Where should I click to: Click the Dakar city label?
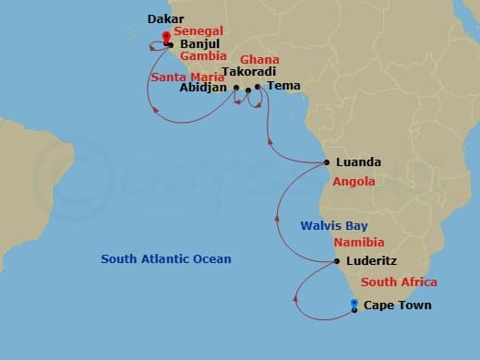pyautogui.click(x=165, y=18)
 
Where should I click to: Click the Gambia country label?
pyautogui.click(x=202, y=55)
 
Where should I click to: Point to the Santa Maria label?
pyautogui.click(x=181, y=76)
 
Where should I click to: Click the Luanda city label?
pyautogui.click(x=359, y=162)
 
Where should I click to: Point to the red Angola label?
pyautogui.click(x=354, y=182)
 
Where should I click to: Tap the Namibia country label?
pyautogui.click(x=358, y=242)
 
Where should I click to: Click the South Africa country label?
pyautogui.click(x=399, y=282)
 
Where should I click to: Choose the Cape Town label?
pyautogui.click(x=397, y=306)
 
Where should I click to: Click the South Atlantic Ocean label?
pyautogui.click(x=166, y=259)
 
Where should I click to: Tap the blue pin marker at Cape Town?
pyautogui.click(x=354, y=303)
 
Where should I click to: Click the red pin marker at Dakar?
pyautogui.click(x=166, y=37)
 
